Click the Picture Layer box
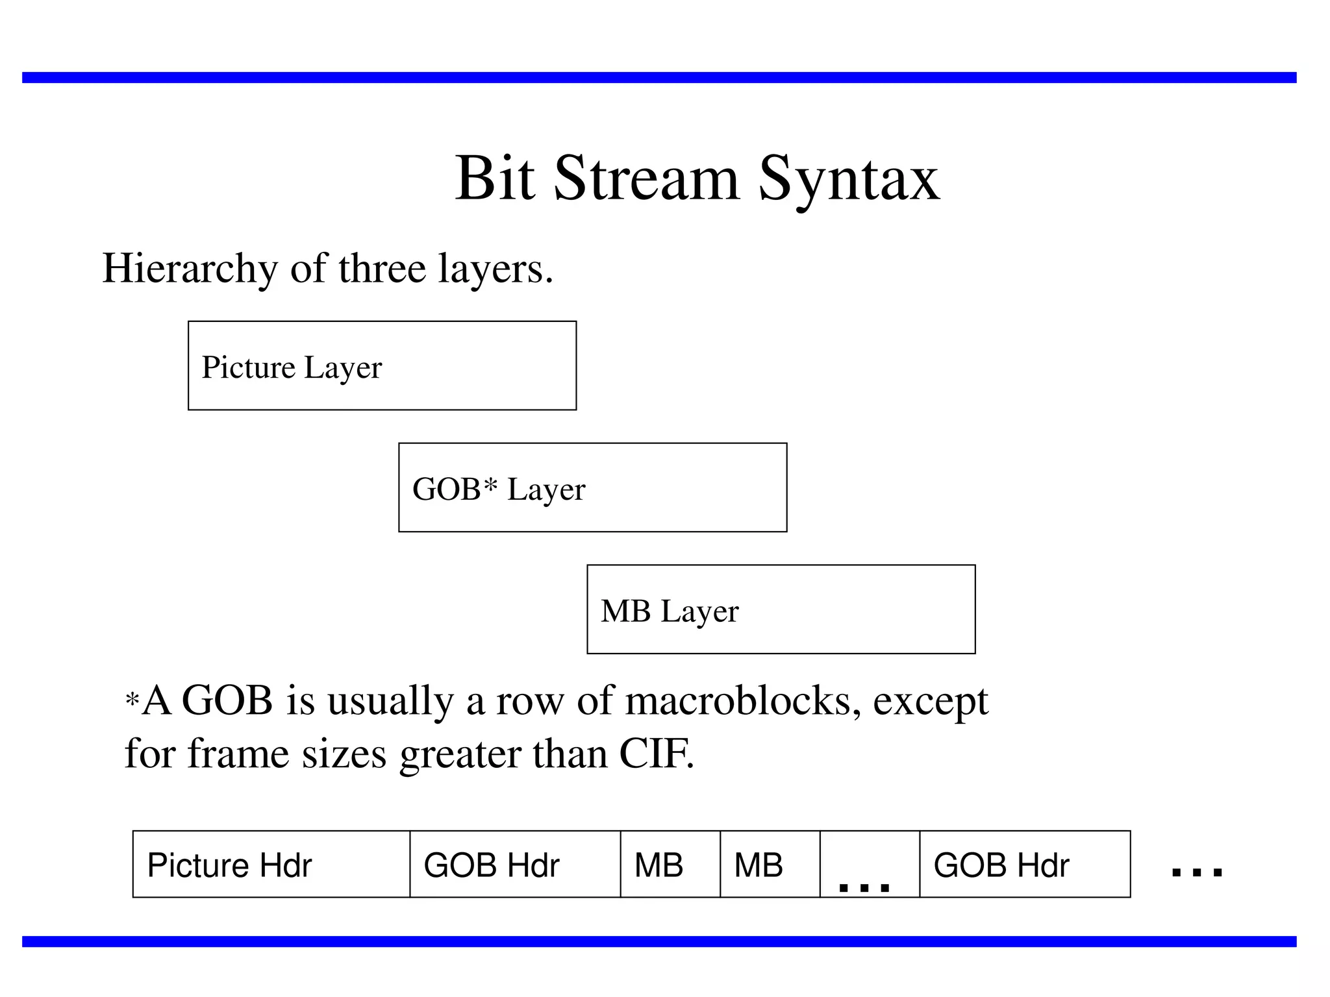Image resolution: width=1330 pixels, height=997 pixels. pyautogui.click(x=382, y=365)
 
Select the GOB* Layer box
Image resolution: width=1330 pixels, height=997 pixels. pyautogui.click(x=592, y=487)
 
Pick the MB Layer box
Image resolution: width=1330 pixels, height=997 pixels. pyautogui.click(x=781, y=609)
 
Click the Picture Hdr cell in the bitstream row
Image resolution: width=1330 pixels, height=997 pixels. pyautogui.click(x=271, y=864)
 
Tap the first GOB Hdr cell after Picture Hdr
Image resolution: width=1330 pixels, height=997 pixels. pyautogui.click(x=515, y=864)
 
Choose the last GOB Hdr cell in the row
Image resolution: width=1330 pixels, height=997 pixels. pyautogui.click(x=1025, y=864)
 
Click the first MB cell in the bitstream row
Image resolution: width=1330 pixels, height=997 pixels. pyautogui.click(x=670, y=864)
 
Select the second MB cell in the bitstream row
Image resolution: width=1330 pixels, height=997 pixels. pyautogui.click(x=770, y=864)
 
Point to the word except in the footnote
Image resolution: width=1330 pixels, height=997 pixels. pyautogui.click(x=930, y=702)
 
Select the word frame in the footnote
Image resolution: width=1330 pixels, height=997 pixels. pyautogui.click(x=238, y=754)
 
